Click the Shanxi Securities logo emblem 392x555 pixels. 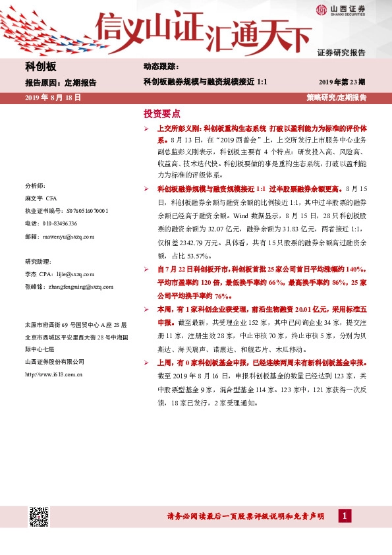click(x=321, y=9)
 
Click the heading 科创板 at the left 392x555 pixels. click(x=40, y=67)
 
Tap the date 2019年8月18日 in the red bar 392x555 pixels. click(x=52, y=97)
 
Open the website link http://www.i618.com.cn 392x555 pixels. click(x=53, y=374)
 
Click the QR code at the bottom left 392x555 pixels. click(x=39, y=517)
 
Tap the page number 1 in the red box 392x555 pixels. click(x=344, y=516)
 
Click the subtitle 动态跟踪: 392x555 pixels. click(x=161, y=67)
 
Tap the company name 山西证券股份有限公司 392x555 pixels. click(x=55, y=361)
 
